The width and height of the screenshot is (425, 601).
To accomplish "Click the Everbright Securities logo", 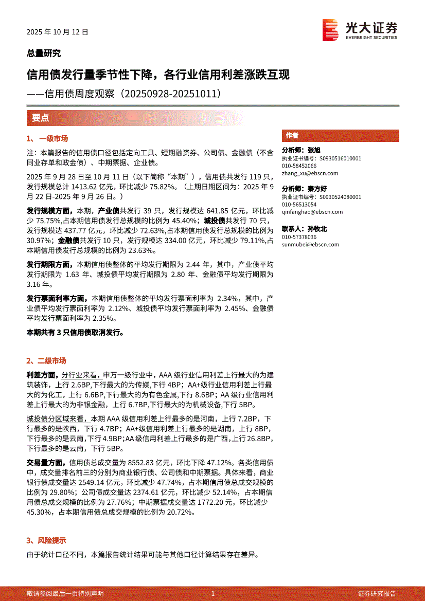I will point(360,30).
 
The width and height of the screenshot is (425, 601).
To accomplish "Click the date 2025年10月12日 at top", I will point(58,31).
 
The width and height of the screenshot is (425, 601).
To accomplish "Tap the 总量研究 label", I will point(44,53).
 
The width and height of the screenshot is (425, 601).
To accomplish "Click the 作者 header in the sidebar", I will point(292,136).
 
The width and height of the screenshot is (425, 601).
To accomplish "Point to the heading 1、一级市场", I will point(47,139).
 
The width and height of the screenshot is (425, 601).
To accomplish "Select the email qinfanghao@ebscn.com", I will point(312,212).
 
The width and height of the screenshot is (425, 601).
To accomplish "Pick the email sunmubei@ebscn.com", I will point(310,245).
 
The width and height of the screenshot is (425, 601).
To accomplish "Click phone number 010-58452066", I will point(299,166).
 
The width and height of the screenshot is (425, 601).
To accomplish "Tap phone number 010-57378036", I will point(299,237).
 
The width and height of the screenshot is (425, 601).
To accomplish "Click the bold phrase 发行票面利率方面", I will point(56,298).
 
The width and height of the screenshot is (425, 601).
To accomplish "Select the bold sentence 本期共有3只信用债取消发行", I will point(75,333).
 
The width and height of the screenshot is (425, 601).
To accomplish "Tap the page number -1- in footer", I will point(213,593).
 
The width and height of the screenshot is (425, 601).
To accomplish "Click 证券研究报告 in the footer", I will point(377,593).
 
